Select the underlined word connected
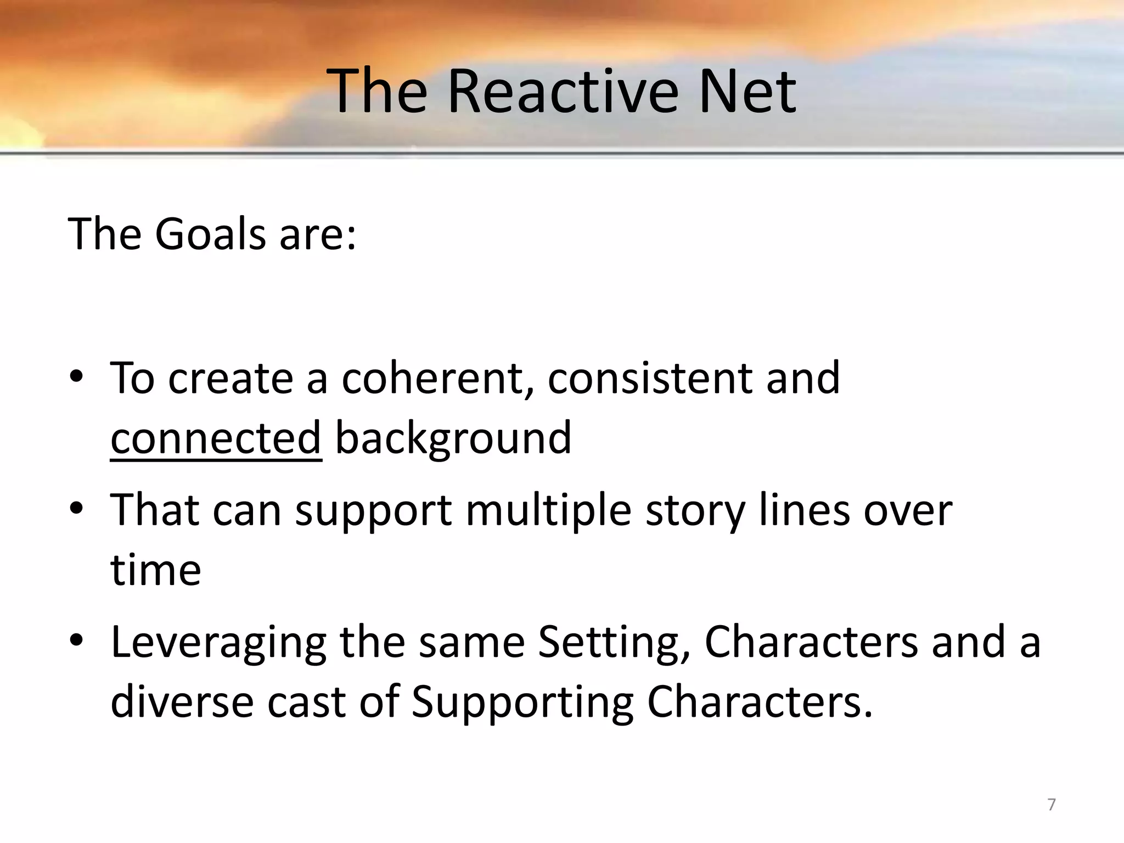(216, 438)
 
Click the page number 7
(1051, 805)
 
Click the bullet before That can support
(77, 508)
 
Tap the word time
(156, 570)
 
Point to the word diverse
(182, 702)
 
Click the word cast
(306, 702)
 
